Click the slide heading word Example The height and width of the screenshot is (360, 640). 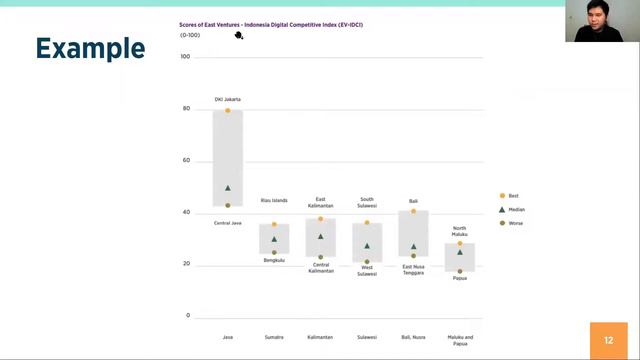(90, 48)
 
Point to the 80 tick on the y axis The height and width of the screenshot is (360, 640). (185, 108)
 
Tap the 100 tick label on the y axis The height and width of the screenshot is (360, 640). (185, 56)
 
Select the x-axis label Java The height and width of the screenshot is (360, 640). (227, 337)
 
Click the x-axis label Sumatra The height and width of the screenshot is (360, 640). (274, 337)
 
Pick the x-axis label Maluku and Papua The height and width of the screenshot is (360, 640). (460, 340)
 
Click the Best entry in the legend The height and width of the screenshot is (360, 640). (513, 196)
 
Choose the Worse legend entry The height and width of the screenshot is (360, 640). (515, 223)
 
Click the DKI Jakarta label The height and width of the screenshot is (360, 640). (227, 99)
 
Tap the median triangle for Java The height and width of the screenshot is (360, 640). (228, 188)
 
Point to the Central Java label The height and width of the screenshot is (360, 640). (227, 223)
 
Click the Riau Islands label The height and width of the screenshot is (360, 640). (274, 200)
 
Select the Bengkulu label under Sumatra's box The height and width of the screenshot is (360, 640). (274, 260)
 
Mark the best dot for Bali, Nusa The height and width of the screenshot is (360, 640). (413, 211)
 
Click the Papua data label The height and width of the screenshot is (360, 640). (460, 278)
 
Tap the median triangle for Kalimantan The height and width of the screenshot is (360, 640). (321, 237)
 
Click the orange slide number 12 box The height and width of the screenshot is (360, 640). (608, 340)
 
